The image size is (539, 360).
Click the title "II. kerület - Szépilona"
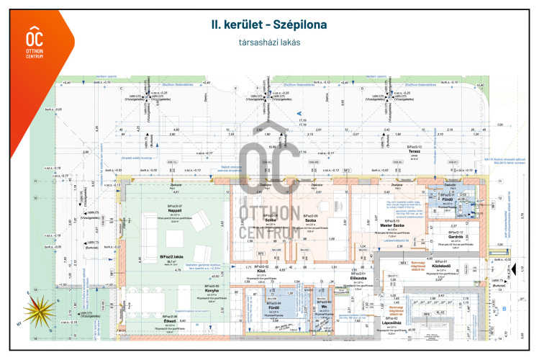(x=269, y=24)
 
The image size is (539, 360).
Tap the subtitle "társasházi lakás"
(x=269, y=42)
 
